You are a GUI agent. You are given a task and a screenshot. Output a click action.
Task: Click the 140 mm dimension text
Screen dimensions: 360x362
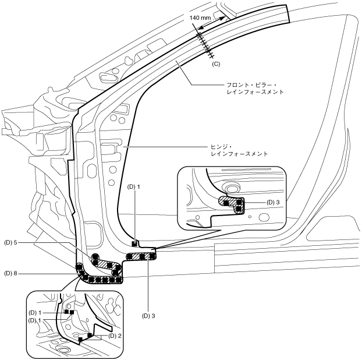(201, 19)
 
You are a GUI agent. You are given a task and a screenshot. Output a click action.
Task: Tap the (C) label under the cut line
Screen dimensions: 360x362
(217, 63)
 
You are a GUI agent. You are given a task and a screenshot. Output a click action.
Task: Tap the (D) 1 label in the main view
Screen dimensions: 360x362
(134, 187)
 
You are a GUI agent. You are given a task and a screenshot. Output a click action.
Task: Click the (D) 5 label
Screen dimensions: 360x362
(13, 242)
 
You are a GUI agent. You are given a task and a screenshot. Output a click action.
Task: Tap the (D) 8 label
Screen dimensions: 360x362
(13, 273)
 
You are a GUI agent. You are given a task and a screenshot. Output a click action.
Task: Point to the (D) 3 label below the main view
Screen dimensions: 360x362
(150, 315)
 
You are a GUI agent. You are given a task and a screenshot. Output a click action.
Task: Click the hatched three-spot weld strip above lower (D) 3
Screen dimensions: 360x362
(141, 256)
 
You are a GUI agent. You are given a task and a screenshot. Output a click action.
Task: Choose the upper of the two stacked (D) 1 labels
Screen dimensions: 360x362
(36, 313)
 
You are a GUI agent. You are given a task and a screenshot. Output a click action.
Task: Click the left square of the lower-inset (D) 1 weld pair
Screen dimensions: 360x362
(66, 312)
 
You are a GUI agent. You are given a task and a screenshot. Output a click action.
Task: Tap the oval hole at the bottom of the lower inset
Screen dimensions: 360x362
(63, 349)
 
